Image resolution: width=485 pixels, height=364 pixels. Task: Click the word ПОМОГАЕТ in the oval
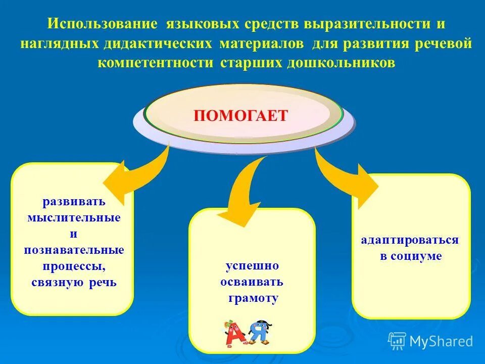coord(240,115)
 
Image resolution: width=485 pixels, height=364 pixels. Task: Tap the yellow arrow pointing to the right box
coord(349,177)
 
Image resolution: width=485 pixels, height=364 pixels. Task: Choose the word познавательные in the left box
coord(74,250)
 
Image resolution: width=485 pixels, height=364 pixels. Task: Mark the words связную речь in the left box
coord(74,282)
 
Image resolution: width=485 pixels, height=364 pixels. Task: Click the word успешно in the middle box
coord(252,266)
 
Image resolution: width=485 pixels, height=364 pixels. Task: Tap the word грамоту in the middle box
coord(252,298)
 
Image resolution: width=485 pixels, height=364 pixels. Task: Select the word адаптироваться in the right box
coord(410,240)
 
